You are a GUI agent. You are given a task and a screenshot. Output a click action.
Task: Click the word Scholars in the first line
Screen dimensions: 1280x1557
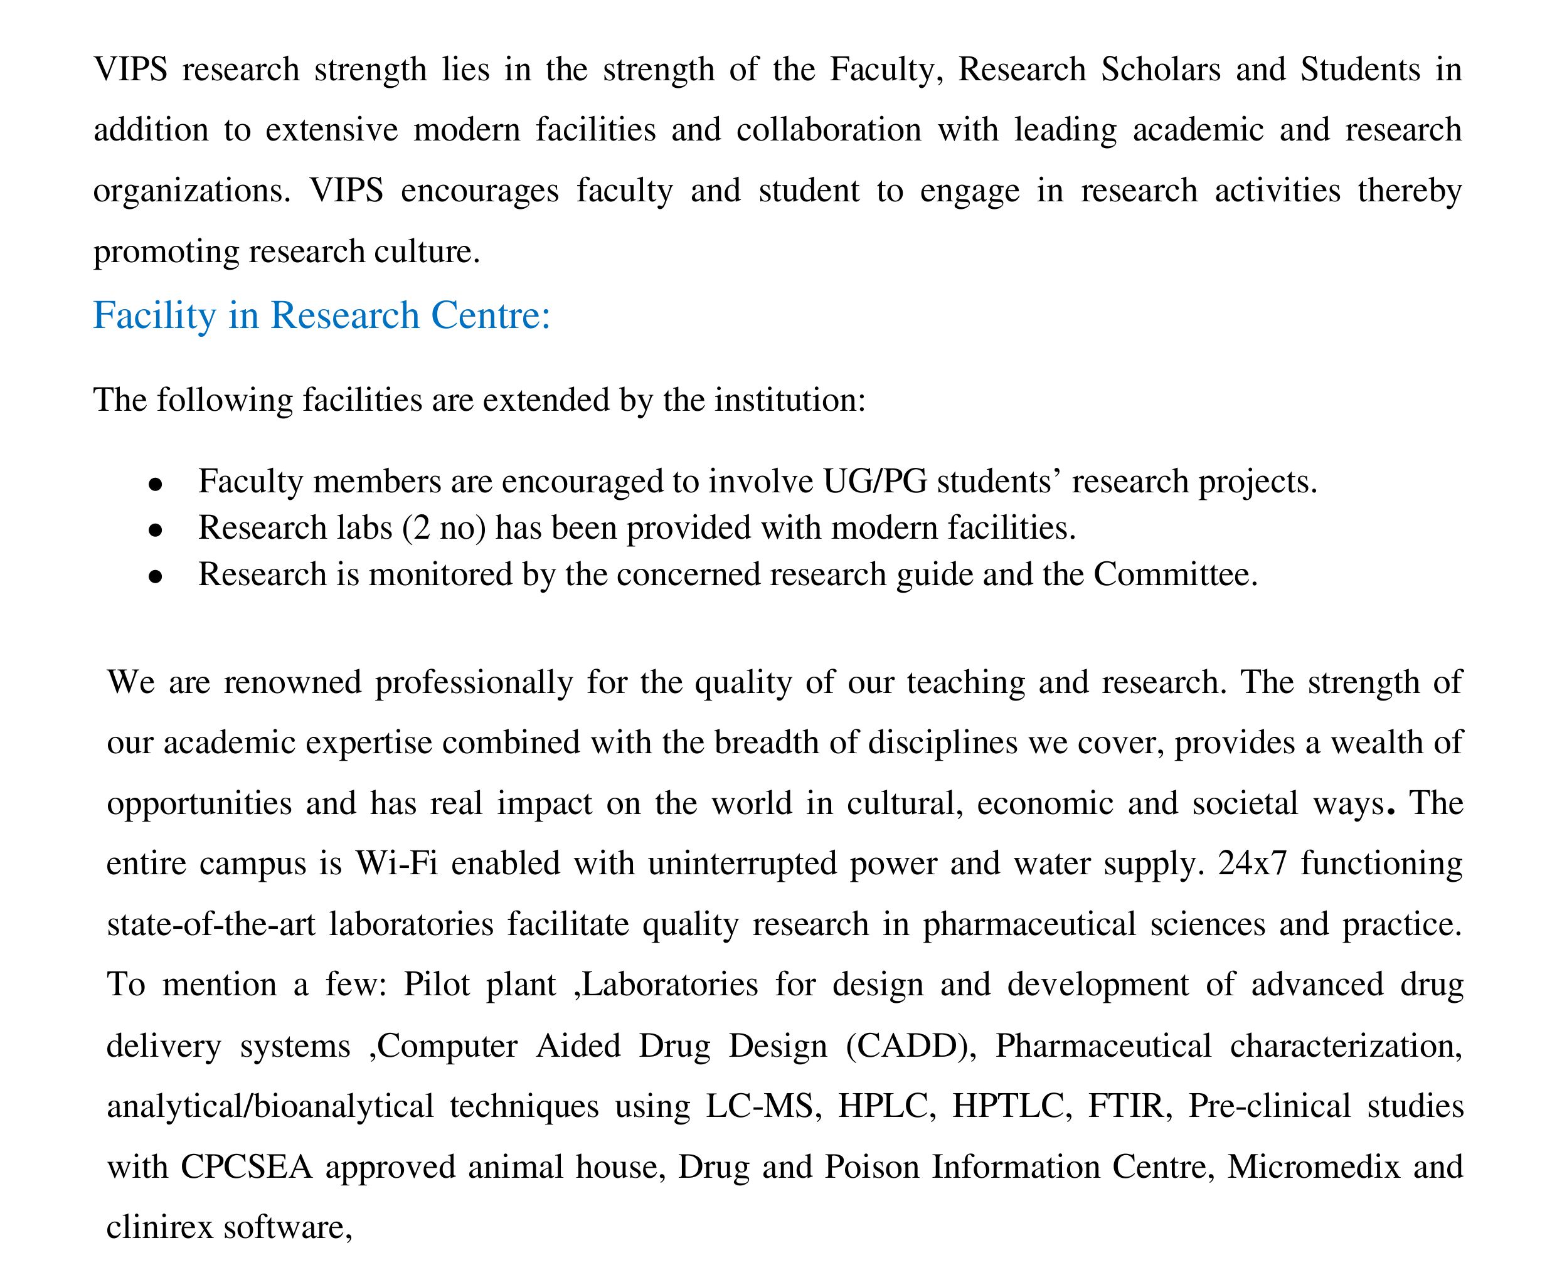pos(1160,70)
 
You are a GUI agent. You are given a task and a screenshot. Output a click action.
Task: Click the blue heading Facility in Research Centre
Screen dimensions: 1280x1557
pos(322,315)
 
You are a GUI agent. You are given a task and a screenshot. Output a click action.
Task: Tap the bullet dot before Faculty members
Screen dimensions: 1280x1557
pos(155,484)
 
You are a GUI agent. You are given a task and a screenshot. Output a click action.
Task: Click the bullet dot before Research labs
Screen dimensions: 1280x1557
pos(155,530)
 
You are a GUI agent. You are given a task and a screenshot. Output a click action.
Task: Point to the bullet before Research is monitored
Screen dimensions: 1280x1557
pos(155,576)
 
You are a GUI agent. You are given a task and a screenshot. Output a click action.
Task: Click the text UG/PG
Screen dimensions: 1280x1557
pos(874,482)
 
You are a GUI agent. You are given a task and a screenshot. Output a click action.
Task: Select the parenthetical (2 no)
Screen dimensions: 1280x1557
pos(444,529)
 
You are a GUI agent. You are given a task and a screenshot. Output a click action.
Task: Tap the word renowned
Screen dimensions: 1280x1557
pos(292,683)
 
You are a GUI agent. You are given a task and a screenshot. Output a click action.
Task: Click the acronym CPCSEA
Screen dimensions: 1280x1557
pos(247,1167)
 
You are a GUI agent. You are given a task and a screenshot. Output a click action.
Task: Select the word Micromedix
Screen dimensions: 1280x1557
pos(1313,1167)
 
